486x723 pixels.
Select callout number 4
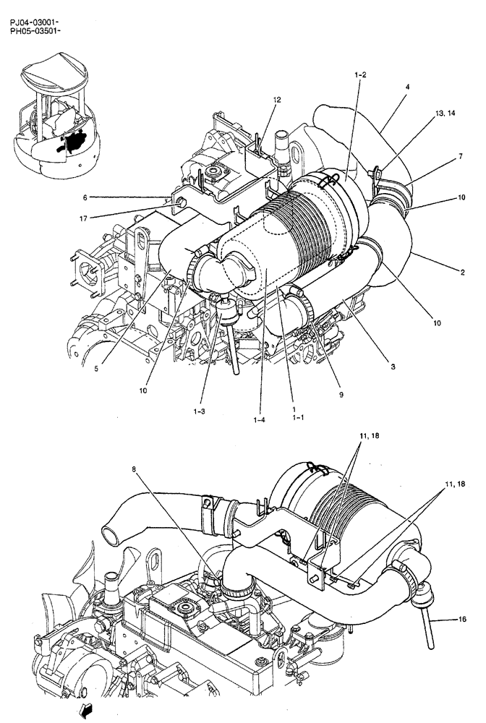(407, 87)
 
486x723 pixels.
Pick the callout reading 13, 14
(445, 114)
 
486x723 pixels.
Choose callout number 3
(393, 367)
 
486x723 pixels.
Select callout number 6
(85, 197)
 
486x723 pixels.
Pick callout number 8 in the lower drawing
(135, 469)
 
